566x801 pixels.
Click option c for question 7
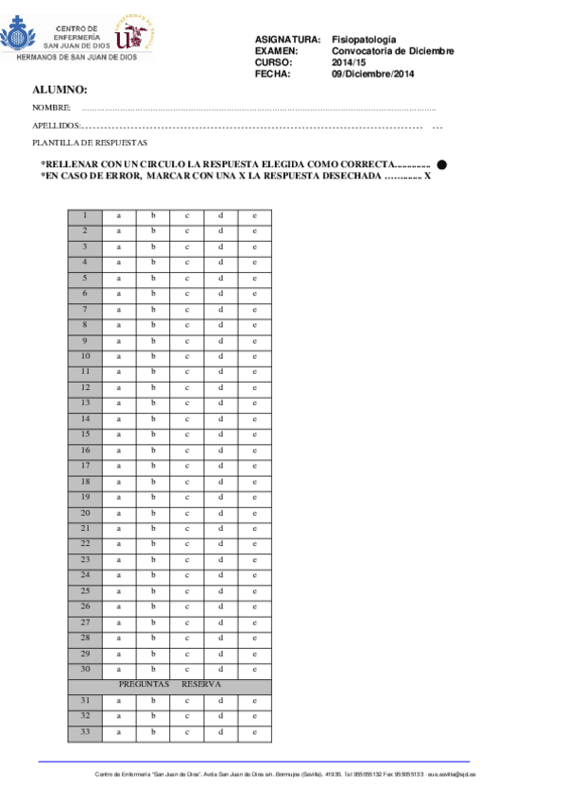click(x=187, y=310)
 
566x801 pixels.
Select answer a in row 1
click(x=119, y=216)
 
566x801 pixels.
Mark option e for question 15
click(x=254, y=435)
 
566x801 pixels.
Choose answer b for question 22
click(x=152, y=544)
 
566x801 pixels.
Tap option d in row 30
click(x=220, y=669)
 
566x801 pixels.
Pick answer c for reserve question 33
click(x=187, y=732)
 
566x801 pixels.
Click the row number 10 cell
click(x=85, y=356)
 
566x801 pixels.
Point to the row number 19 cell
click(x=85, y=497)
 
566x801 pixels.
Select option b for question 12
click(x=152, y=388)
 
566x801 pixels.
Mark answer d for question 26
click(x=220, y=606)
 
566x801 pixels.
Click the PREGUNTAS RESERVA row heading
click(x=169, y=684)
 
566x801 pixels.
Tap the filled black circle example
click(x=441, y=164)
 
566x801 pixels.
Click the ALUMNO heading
click(x=60, y=90)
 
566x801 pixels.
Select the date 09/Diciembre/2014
click(x=373, y=74)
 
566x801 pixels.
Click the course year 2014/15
click(x=347, y=62)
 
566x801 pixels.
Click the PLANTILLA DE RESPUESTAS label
click(x=89, y=143)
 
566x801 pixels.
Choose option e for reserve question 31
click(x=254, y=701)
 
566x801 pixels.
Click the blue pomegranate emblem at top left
click(x=19, y=38)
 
